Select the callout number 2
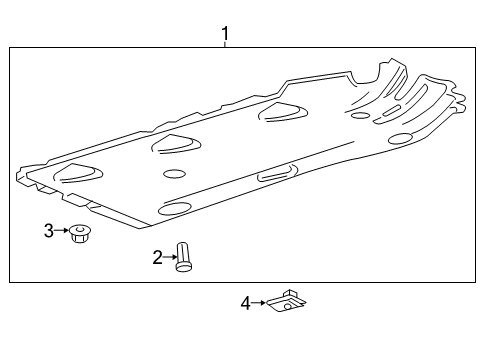[x=158, y=258]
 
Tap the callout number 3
[x=48, y=231]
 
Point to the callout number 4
[x=245, y=302]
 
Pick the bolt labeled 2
[x=183, y=256]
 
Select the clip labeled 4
[x=286, y=300]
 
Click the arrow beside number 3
[x=61, y=231]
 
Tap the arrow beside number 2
[x=170, y=258]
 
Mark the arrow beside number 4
[x=258, y=301]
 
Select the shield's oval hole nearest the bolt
[x=175, y=208]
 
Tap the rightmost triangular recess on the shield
[x=283, y=111]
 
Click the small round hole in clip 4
[x=288, y=304]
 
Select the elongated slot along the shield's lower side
[x=275, y=176]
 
